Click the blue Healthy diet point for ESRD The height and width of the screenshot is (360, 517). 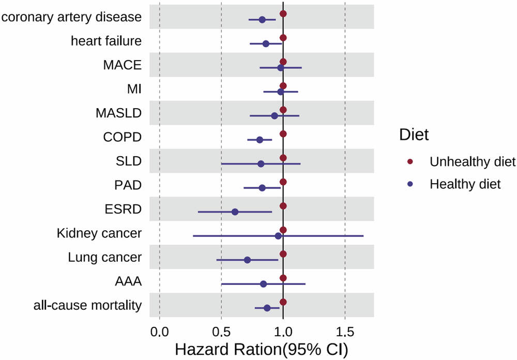click(235, 212)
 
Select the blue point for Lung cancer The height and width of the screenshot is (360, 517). click(247, 260)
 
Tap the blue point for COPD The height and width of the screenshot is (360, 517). click(260, 140)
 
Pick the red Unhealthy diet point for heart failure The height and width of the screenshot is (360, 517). click(283, 38)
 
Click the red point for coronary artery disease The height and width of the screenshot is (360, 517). click(283, 13)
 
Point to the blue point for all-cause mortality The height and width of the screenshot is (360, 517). click(267, 308)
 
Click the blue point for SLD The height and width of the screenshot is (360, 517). click(261, 164)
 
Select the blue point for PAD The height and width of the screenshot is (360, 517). click(262, 188)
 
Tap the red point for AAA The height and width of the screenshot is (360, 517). click(283, 278)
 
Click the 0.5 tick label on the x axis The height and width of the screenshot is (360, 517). click(221, 330)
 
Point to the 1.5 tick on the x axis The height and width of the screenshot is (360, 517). click(345, 330)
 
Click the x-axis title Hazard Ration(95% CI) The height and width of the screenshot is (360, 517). click(262, 350)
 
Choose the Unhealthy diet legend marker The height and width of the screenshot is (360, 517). click(410, 162)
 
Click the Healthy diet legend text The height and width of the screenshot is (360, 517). click(465, 184)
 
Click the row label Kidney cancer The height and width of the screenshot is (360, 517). click(99, 233)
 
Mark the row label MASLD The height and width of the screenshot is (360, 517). click(118, 113)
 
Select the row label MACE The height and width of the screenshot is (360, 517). click(122, 65)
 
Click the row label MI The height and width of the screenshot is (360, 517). click(134, 89)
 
